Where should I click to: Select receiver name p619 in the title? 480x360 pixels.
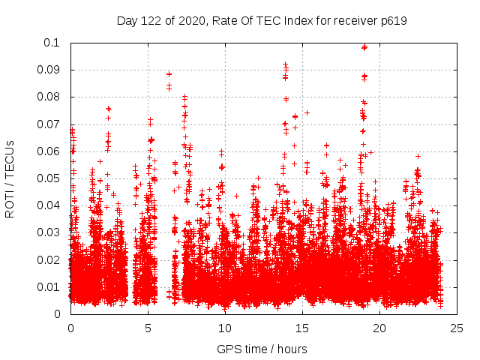point(392,20)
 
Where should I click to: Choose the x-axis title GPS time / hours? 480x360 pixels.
point(263,349)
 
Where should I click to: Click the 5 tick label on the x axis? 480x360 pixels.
point(148,328)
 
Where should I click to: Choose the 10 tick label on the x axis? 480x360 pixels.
point(225,328)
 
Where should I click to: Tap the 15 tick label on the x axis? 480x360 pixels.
point(302,328)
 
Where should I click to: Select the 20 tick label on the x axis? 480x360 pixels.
point(379,328)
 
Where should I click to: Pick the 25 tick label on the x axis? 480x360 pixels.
point(457,328)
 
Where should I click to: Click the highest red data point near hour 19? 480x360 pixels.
point(364,47)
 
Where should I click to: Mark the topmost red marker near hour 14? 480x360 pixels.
point(285,64)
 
